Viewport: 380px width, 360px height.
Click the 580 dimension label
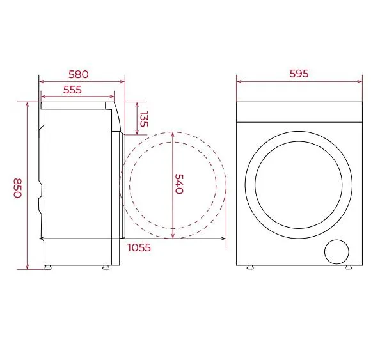(x=79, y=74)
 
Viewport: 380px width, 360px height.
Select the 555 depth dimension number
(x=72, y=90)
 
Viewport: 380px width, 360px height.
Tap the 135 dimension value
(x=144, y=119)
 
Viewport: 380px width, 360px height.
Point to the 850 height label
(x=18, y=188)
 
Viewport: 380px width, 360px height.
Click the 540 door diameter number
(x=179, y=184)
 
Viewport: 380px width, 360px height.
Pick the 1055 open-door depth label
(x=139, y=247)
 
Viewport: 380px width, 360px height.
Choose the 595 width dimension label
(x=298, y=74)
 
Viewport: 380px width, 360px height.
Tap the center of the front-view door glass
(x=299, y=184)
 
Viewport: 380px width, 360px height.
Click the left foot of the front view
(x=251, y=267)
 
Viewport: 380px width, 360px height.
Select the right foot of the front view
(x=348, y=267)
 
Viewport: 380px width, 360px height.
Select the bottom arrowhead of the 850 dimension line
(x=27, y=267)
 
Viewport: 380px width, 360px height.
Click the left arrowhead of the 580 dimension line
(x=41, y=82)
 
